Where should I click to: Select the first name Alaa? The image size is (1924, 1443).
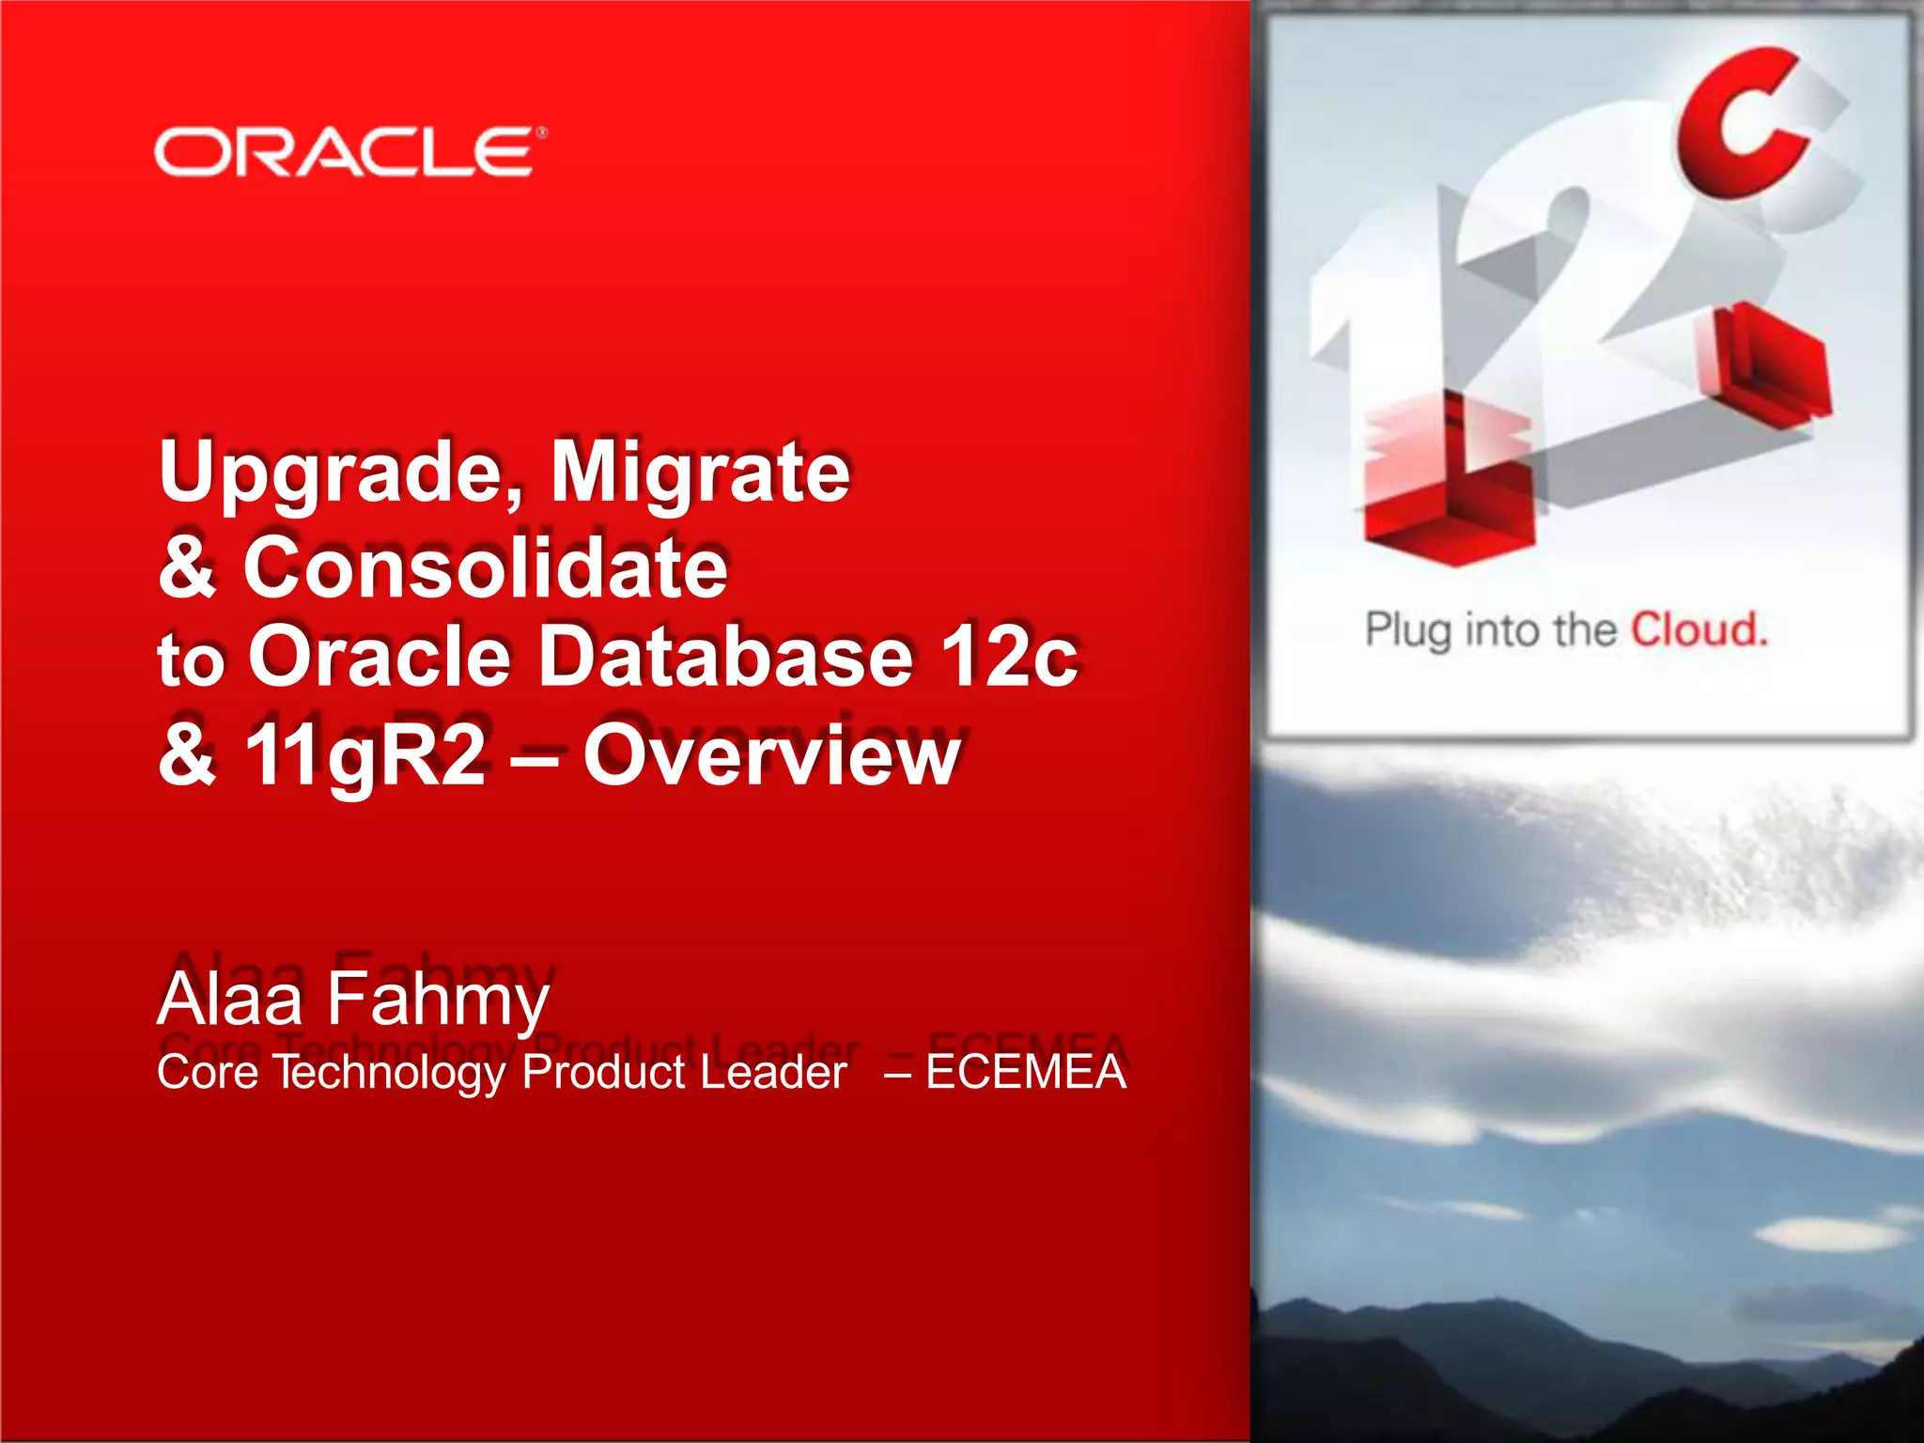click(230, 999)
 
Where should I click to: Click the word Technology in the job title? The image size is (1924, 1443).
click(389, 1073)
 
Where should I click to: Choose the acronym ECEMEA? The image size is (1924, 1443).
click(1025, 1072)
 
